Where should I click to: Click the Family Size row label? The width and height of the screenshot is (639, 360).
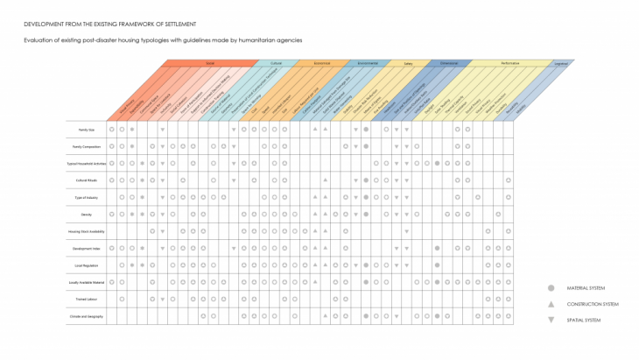86,130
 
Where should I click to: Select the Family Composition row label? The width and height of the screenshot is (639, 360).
86,146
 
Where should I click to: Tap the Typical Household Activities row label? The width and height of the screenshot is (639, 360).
86,164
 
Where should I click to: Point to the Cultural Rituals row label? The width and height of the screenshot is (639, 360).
86,180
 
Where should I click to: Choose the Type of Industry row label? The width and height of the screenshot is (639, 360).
86,197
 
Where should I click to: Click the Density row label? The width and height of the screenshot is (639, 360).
86,214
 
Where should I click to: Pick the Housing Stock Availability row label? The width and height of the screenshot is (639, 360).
86,231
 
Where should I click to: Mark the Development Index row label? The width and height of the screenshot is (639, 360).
86,248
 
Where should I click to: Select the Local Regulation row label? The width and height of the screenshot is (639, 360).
86,265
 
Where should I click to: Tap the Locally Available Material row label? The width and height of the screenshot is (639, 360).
86,282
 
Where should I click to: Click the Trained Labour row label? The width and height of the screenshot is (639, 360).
86,299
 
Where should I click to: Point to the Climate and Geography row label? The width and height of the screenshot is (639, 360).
86,315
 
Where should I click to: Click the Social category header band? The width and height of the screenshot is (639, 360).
210,63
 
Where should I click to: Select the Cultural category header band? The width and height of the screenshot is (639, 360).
276,63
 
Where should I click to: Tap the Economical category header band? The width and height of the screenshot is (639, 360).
322,63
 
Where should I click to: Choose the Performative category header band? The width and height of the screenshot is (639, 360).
510,63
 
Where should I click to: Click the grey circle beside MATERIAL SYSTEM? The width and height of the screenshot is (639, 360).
551,288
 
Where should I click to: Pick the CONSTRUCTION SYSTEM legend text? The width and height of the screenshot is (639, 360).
593,304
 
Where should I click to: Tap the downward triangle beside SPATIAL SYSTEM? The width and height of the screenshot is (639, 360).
551,320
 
